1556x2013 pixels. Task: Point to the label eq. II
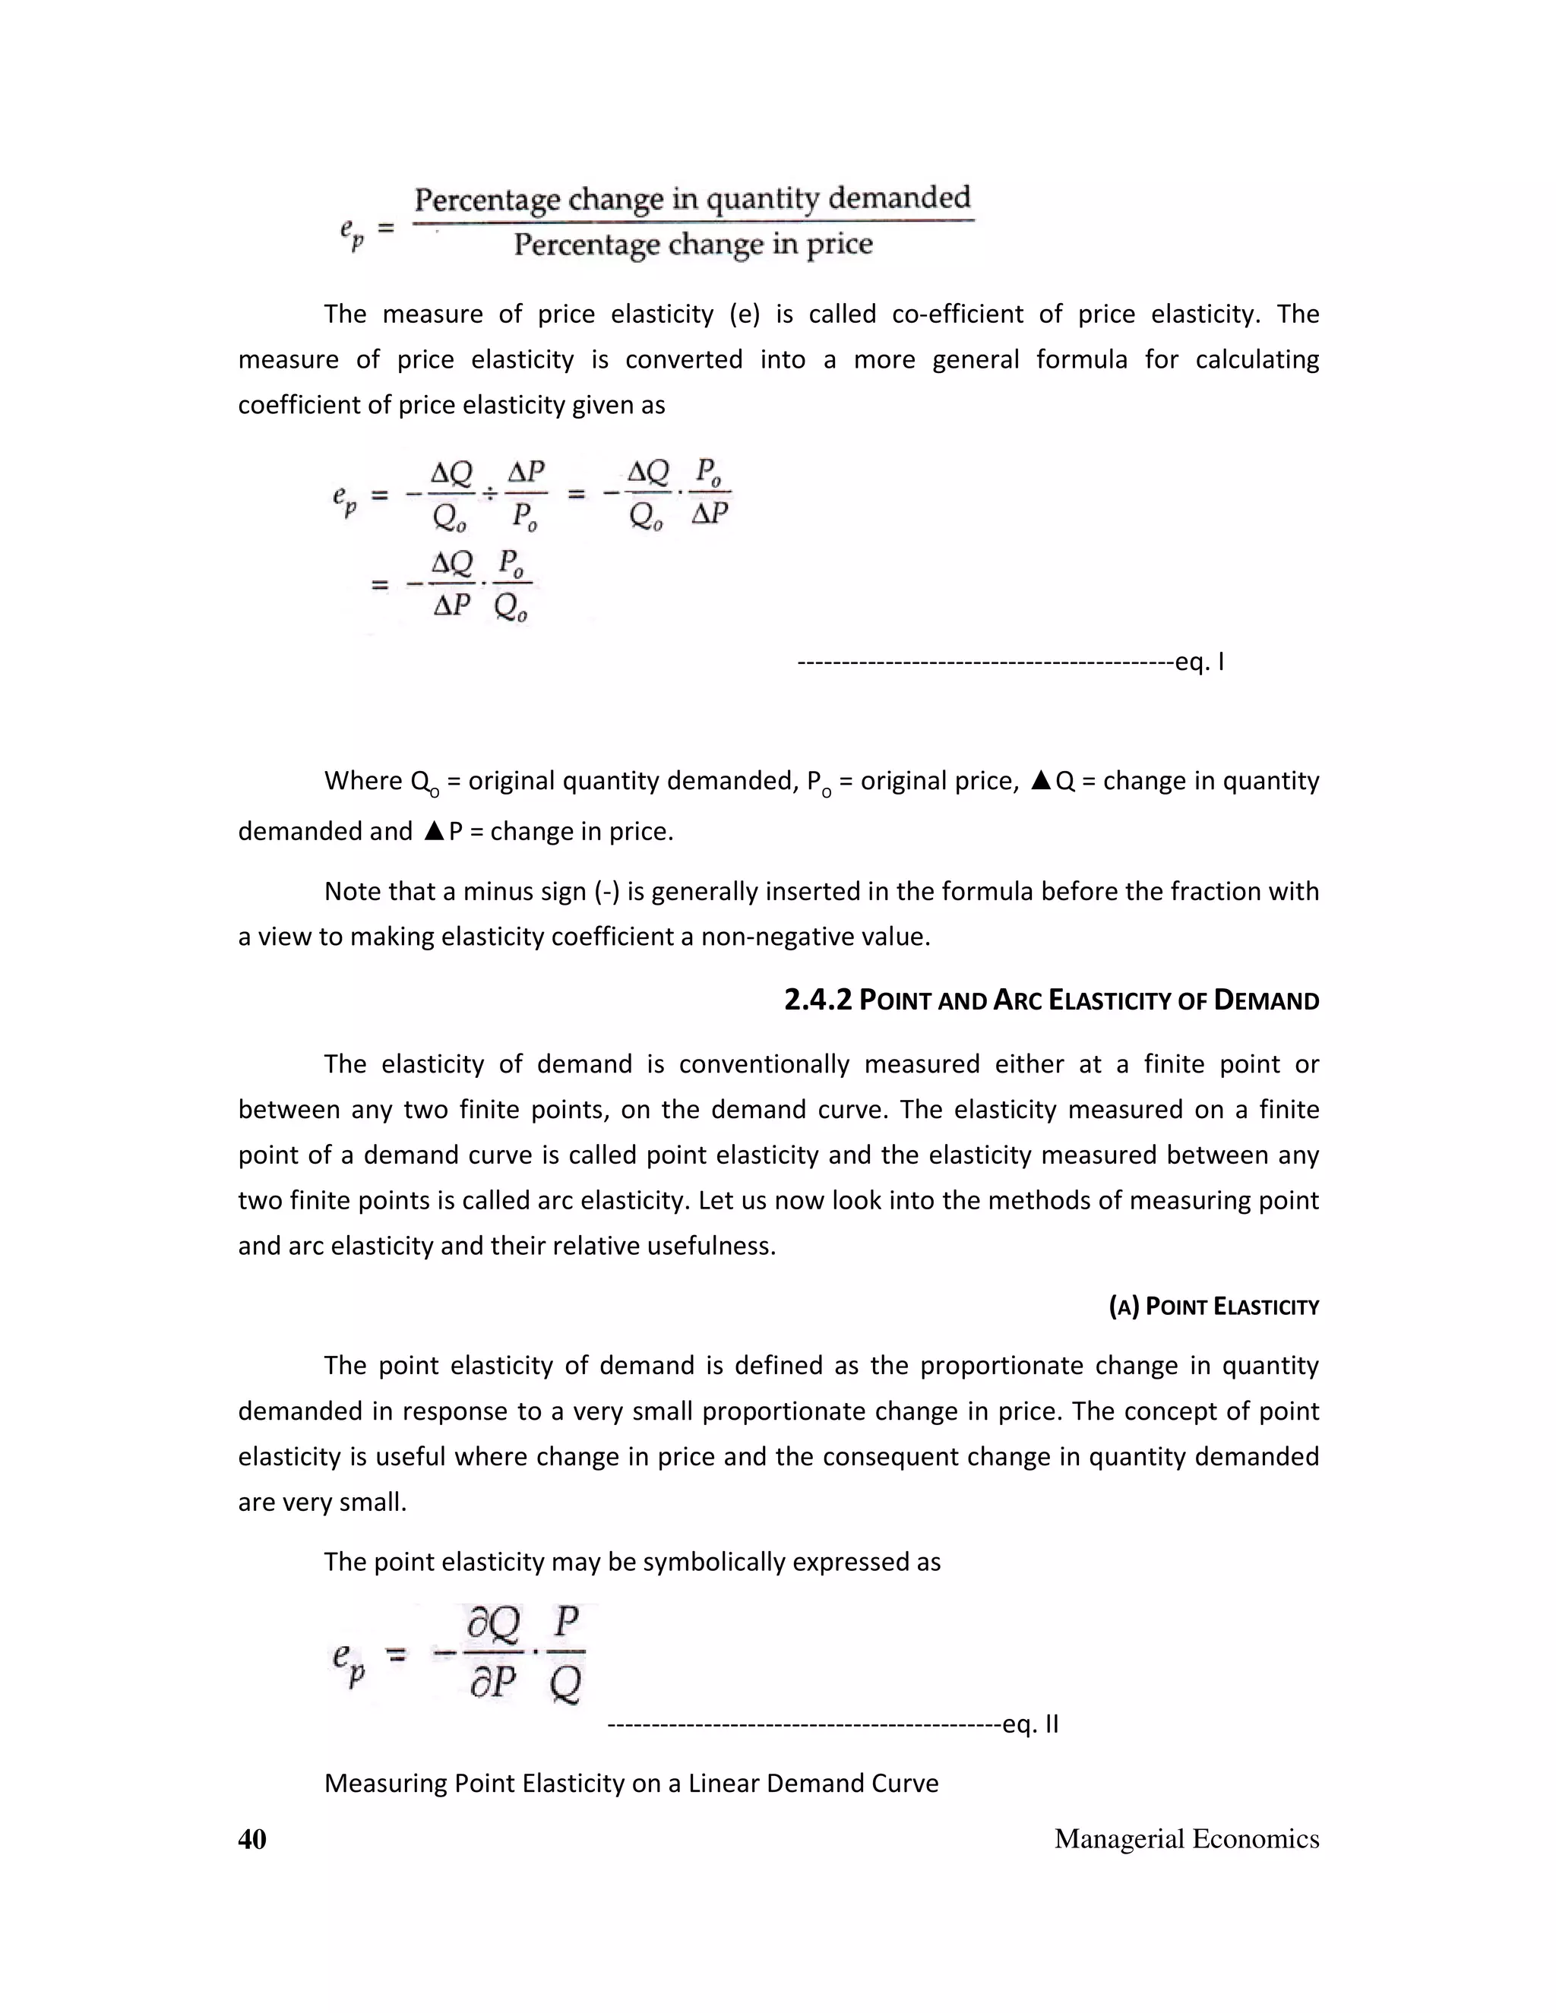click(1030, 1724)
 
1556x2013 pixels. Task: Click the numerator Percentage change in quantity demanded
click(692, 199)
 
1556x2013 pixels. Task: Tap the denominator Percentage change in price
click(692, 245)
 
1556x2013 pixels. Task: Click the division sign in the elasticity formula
click(490, 495)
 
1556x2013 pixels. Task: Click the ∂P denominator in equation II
click(492, 1683)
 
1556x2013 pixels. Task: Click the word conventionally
click(764, 1064)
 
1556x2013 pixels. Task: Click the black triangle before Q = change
click(1041, 782)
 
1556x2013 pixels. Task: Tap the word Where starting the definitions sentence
click(363, 782)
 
